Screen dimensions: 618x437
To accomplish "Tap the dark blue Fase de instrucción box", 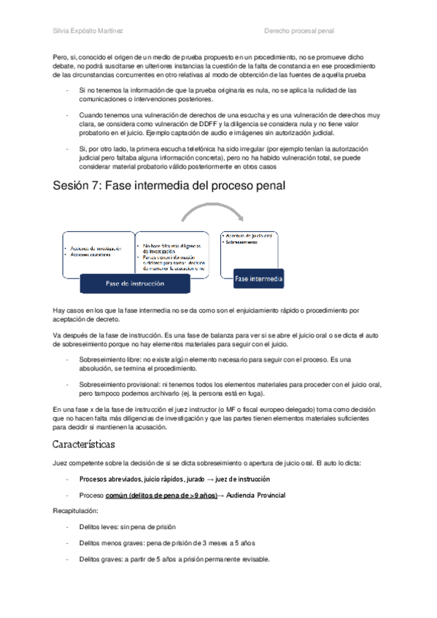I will (135, 283).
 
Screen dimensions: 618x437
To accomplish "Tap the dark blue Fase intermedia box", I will (259, 278).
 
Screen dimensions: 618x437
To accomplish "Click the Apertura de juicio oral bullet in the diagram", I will (248, 236).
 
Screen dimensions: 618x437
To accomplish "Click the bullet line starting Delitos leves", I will (127, 527).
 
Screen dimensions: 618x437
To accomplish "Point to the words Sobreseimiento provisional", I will (119, 384).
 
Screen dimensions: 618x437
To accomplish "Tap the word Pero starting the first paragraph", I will (61, 56).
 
